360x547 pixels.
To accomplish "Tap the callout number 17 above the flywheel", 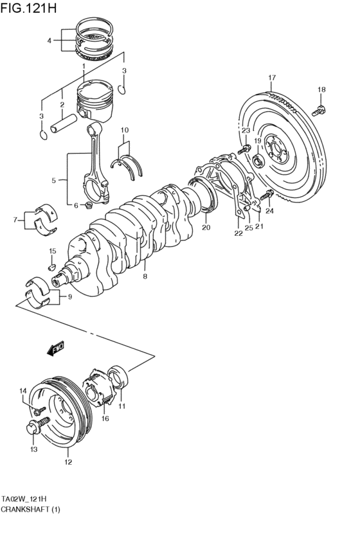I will [x=272, y=78].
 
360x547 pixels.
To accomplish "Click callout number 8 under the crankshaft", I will [x=145, y=276].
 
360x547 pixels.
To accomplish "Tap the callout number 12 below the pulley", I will [x=68, y=461].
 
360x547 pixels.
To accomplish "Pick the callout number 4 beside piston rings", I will [x=49, y=40].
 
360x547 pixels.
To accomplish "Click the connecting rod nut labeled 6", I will [x=88, y=206].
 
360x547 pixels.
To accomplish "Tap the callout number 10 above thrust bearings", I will [x=125, y=130].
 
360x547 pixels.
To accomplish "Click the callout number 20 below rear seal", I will [x=206, y=228].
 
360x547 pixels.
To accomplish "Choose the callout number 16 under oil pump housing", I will [x=105, y=418].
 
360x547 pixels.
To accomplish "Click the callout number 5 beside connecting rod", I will [x=54, y=181].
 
